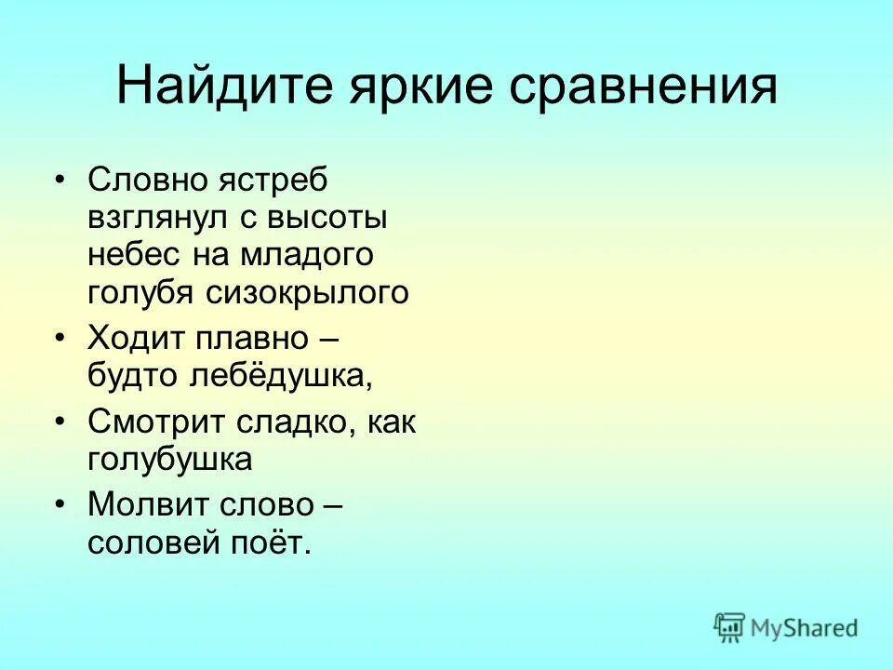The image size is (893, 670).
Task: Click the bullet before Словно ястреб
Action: coord(60,179)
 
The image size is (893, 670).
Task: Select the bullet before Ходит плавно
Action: coord(60,336)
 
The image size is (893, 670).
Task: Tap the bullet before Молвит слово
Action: coord(60,504)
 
